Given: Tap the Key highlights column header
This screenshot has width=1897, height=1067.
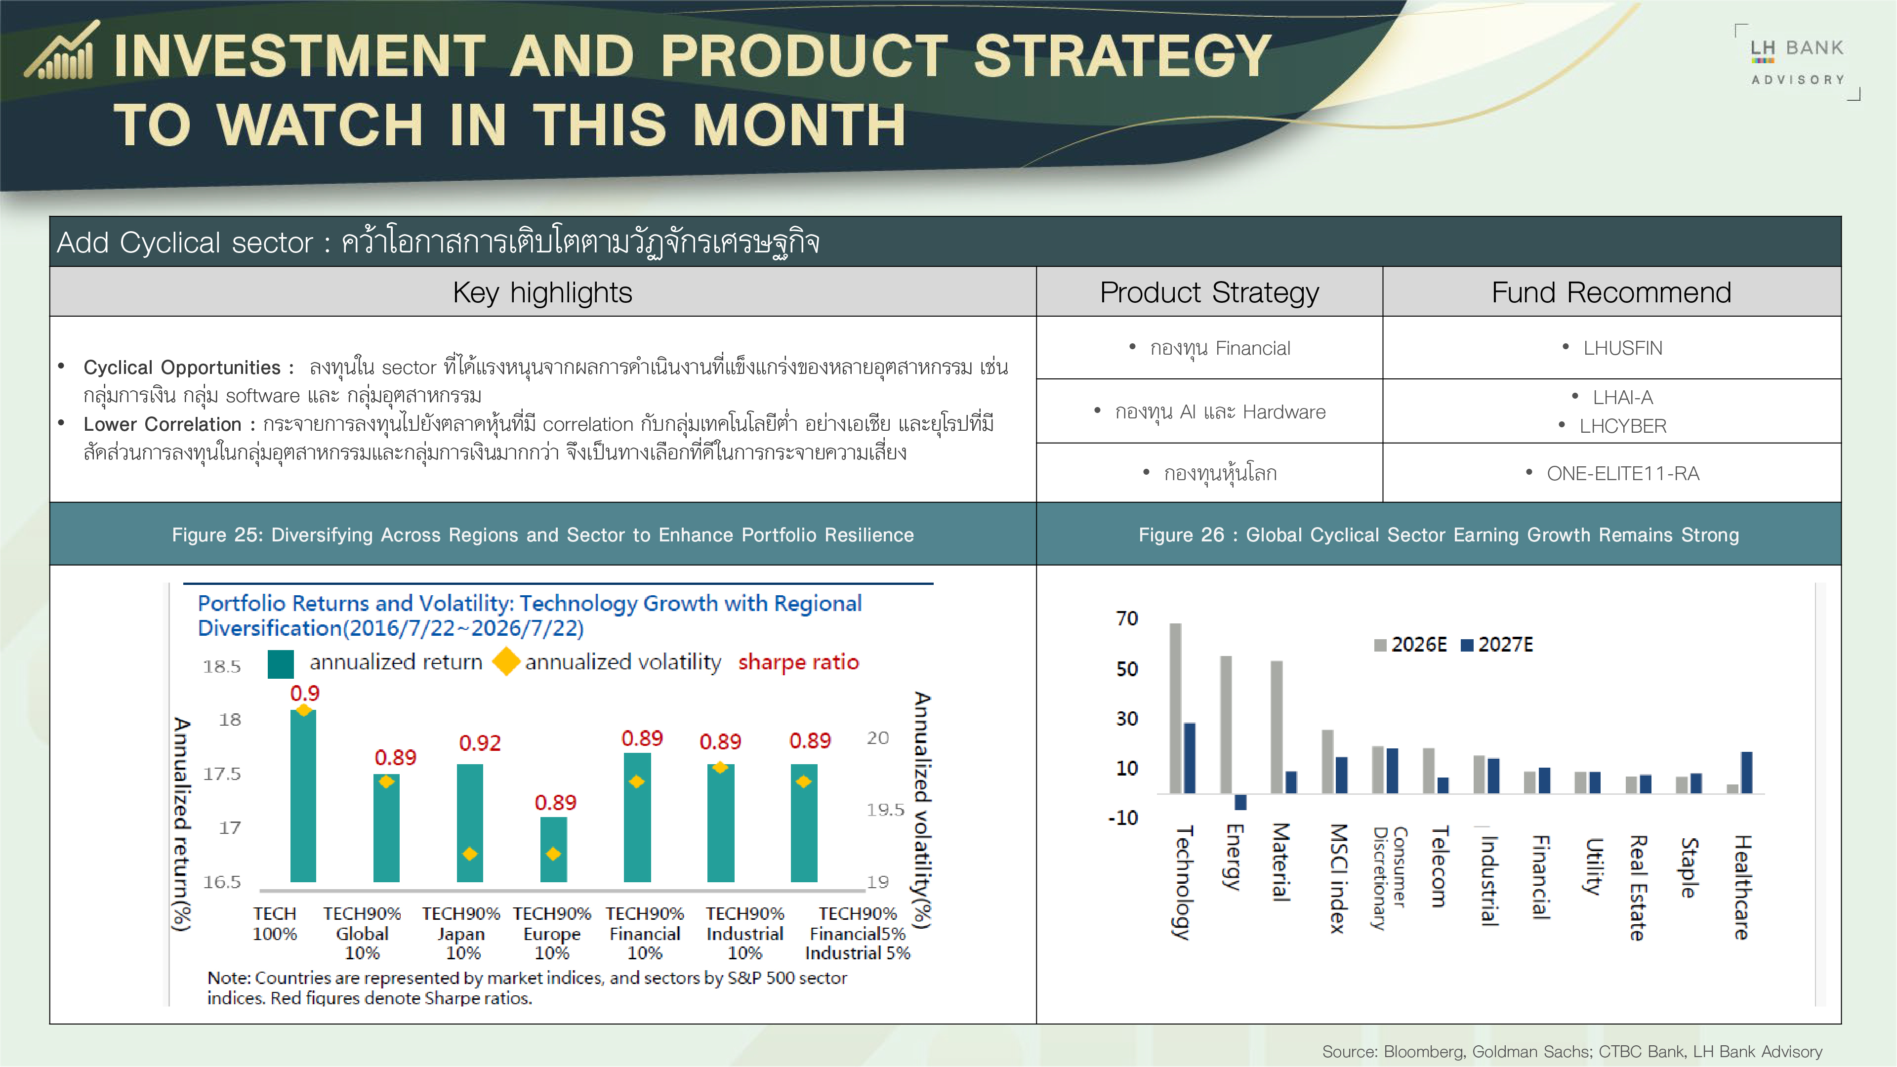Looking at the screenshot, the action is coord(543,292).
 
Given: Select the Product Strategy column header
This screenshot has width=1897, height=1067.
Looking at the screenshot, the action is coord(1209,292).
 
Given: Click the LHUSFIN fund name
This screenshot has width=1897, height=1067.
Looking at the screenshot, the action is coord(1622,348).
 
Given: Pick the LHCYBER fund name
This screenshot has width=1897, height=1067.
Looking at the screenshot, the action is coord(1622,426).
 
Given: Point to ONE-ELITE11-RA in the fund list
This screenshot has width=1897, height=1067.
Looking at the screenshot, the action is coord(1622,474).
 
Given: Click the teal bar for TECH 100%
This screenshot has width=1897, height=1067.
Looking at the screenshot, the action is coord(303,795).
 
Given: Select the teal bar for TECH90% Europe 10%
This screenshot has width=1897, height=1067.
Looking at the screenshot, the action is coord(554,849).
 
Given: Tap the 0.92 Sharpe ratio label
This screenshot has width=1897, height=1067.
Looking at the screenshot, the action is coord(480,743).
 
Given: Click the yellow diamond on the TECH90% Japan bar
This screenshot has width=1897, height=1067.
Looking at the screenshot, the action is coord(470,854).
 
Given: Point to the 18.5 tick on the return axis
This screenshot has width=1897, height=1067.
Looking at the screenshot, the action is coord(222,666).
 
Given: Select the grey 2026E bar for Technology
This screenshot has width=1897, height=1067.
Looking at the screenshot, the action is coord(1175,708).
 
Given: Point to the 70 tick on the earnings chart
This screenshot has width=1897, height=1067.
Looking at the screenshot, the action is coord(1127,618).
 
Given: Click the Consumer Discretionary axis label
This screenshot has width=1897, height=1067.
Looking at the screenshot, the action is coord(1390,878).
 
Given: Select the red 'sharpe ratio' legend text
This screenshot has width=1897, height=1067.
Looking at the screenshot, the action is coord(798,662).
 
